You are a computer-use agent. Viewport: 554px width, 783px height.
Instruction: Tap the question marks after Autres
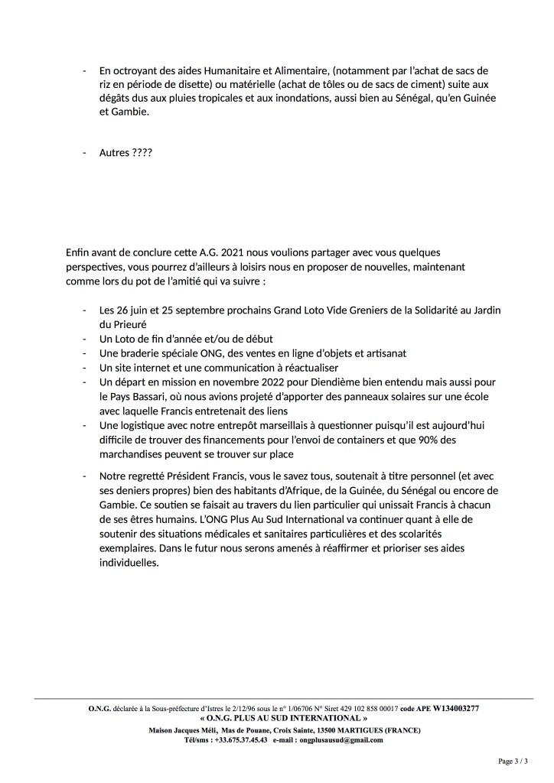(142, 153)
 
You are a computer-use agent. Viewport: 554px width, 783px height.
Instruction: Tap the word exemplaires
(125, 548)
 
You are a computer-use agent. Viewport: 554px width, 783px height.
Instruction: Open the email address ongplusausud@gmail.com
(341, 740)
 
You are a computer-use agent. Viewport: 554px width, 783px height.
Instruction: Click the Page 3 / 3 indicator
(513, 762)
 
